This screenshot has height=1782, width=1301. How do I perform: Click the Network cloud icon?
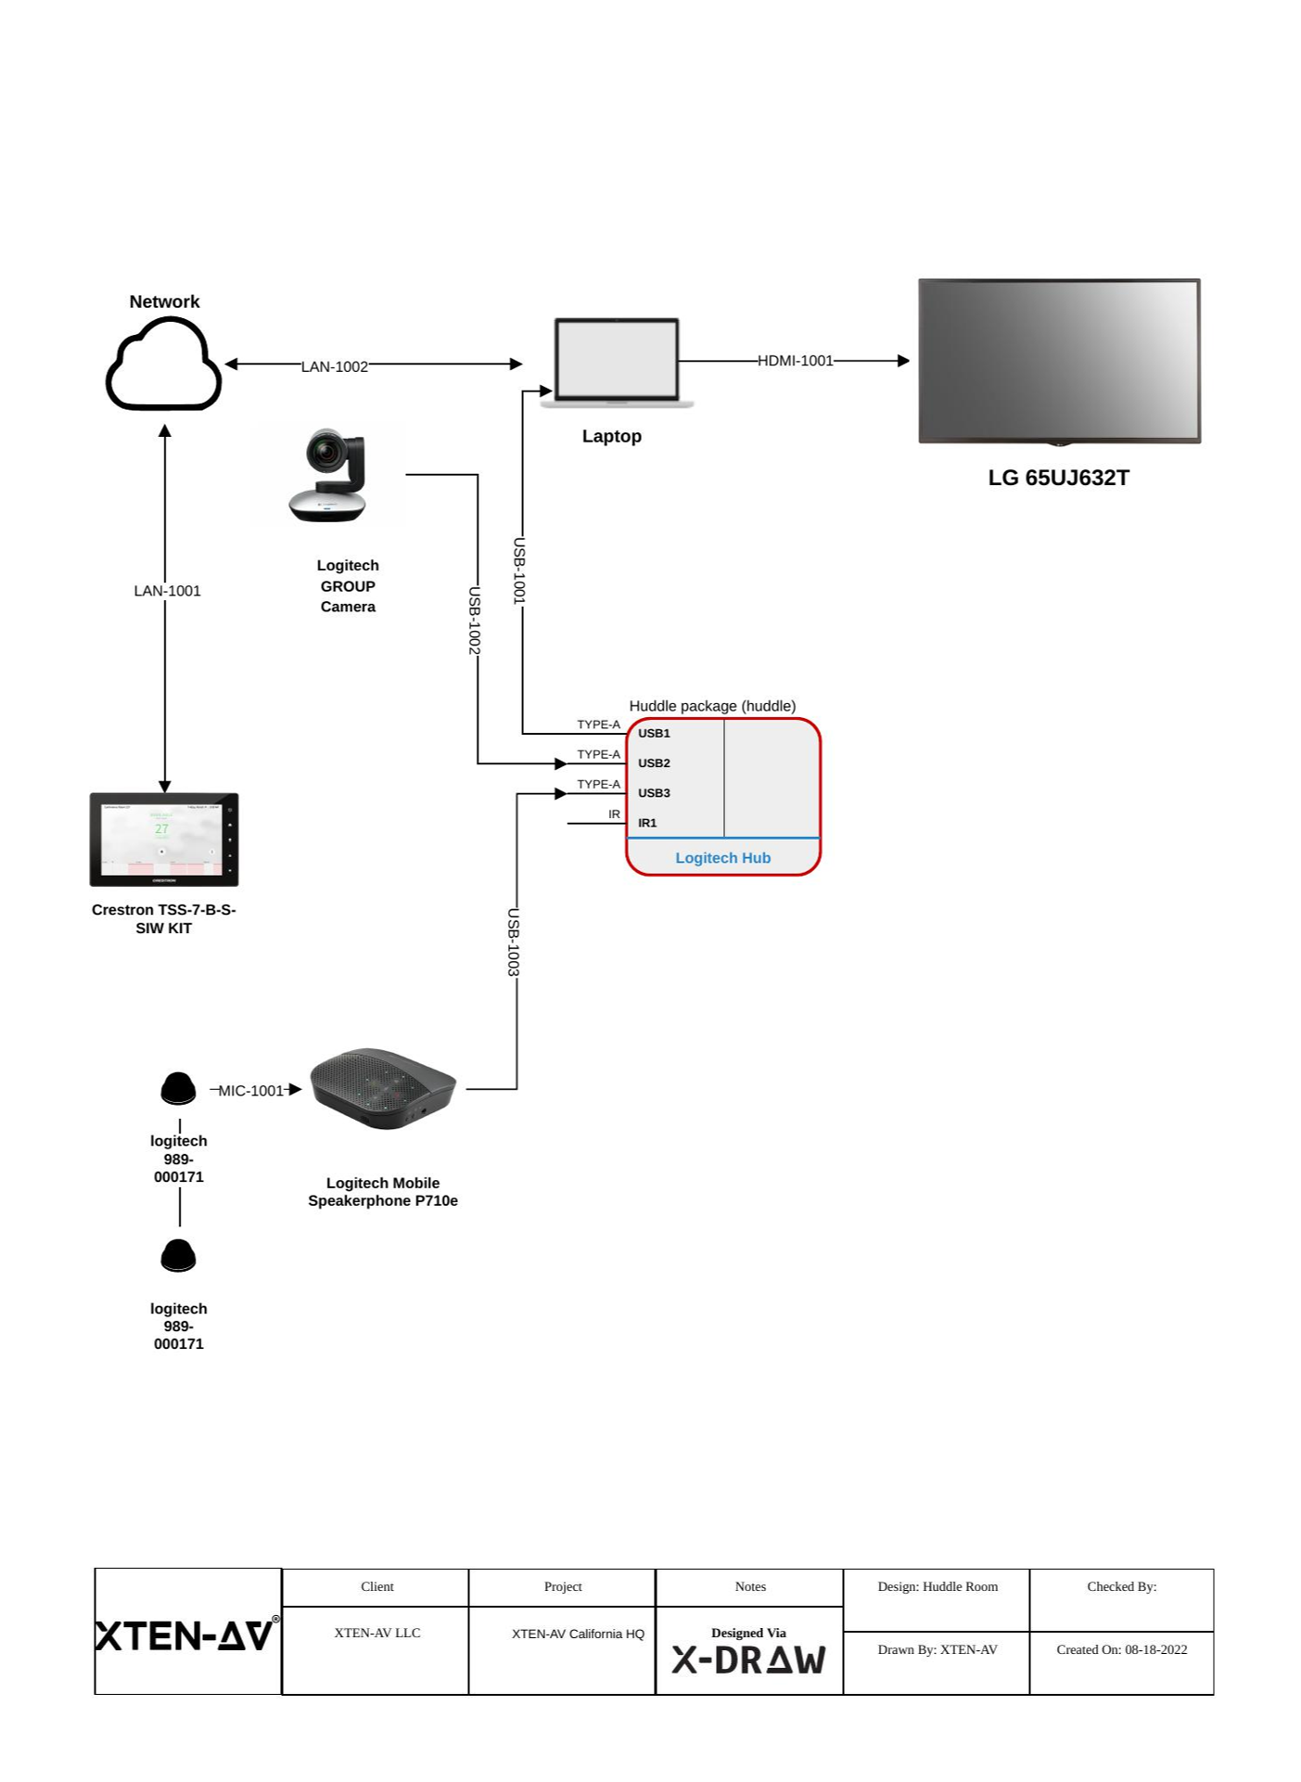[x=164, y=365]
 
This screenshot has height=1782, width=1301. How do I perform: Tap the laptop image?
[x=617, y=362]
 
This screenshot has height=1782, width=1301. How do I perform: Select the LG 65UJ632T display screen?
[x=1058, y=361]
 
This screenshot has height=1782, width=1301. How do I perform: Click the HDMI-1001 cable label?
[x=795, y=361]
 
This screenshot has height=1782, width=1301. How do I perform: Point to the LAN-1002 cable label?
[x=334, y=366]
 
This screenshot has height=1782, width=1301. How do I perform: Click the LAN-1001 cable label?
[x=167, y=591]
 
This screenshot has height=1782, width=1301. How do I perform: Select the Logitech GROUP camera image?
[x=329, y=475]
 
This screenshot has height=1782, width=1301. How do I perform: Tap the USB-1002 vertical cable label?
[x=474, y=621]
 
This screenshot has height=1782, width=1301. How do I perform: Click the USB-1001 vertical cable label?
[x=519, y=570]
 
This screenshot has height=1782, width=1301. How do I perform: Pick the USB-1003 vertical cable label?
[x=513, y=942]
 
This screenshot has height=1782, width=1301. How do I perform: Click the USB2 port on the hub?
[x=654, y=763]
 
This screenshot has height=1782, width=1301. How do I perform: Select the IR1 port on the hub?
[x=647, y=823]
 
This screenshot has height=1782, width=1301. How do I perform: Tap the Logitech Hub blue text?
[x=722, y=858]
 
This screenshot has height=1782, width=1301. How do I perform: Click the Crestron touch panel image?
[x=164, y=840]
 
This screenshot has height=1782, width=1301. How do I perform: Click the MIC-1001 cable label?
[x=250, y=1091]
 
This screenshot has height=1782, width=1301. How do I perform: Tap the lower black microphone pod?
[x=178, y=1255]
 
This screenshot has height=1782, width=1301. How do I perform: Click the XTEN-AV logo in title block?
[x=186, y=1635]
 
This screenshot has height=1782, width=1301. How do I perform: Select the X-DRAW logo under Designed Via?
[x=748, y=1660]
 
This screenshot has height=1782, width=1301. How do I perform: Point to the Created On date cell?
[x=1121, y=1649]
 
